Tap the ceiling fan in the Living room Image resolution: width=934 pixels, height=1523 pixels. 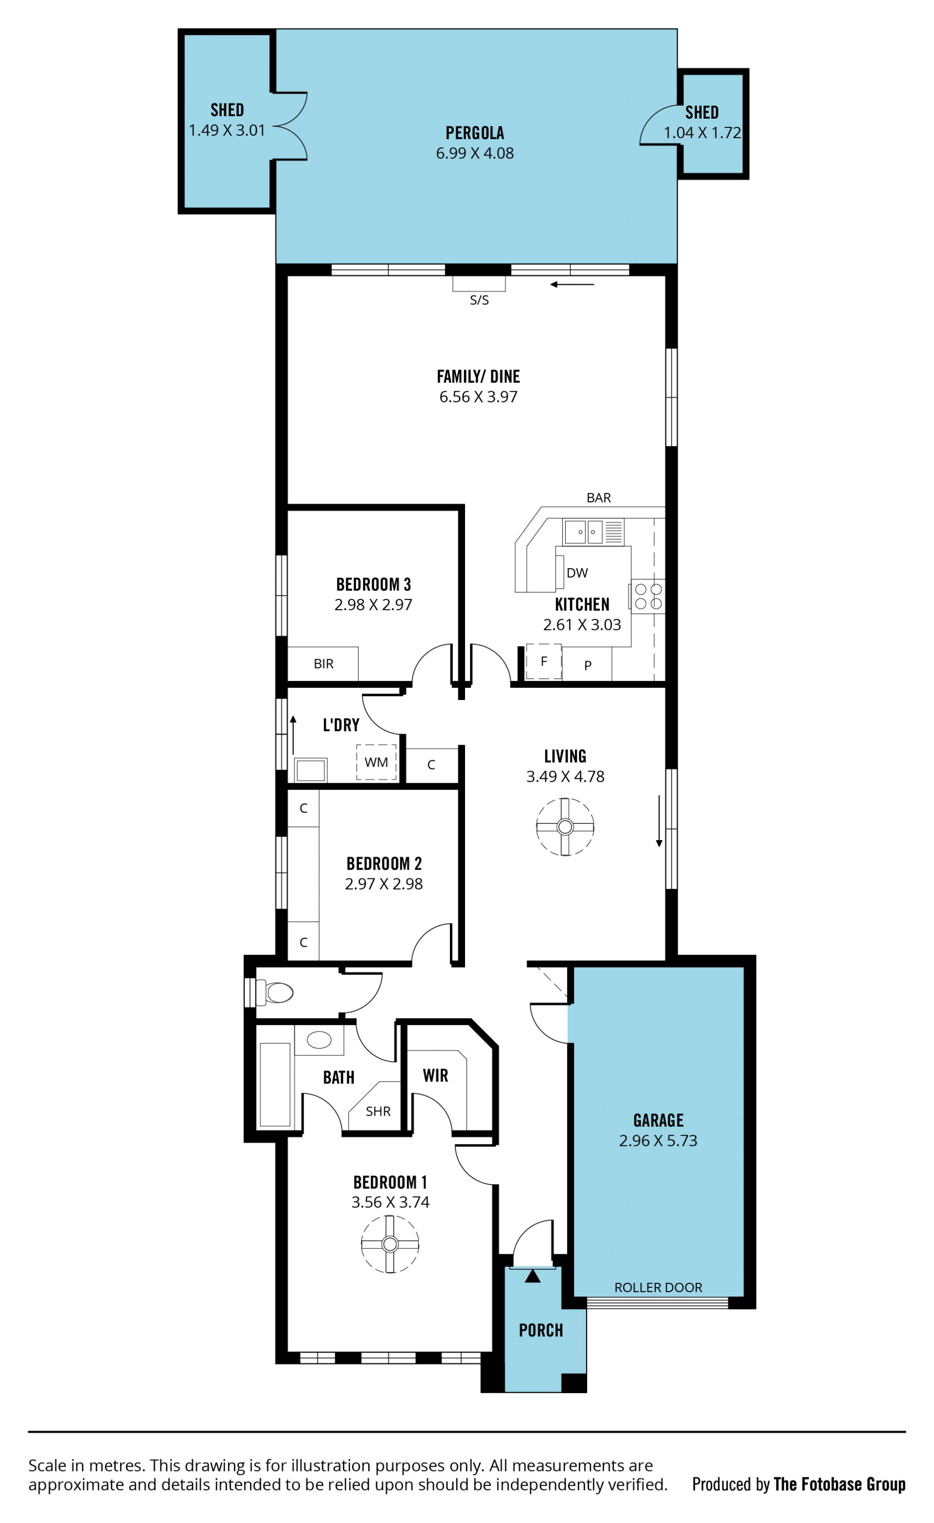[565, 827]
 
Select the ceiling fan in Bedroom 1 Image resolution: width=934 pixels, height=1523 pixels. [390, 1244]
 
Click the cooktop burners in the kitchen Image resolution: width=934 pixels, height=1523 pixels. [647, 596]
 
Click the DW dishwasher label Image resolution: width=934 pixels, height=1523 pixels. [577, 573]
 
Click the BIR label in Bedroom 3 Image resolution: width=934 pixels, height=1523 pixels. [323, 664]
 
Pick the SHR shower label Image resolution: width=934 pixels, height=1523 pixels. [378, 1111]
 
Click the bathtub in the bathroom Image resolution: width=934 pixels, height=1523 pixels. [275, 1085]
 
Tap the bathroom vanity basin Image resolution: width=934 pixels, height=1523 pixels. [319, 1040]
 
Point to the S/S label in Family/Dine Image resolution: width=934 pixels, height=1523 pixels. [479, 300]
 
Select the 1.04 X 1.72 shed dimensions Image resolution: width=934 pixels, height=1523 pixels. [702, 133]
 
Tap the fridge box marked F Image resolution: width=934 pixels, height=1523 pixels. [544, 662]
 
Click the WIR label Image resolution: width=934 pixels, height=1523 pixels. [435, 1075]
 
